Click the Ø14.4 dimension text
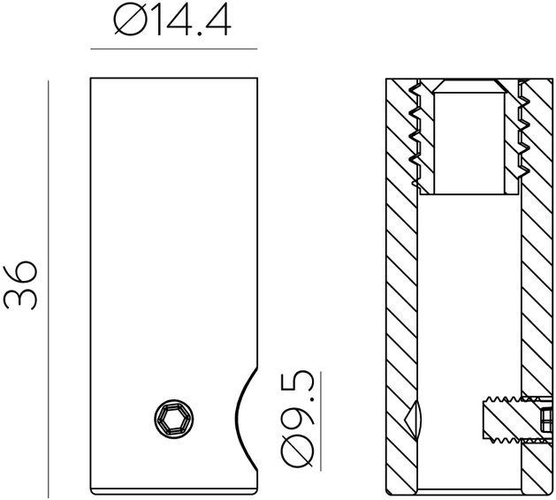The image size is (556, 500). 172,21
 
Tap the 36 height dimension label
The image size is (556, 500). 19,285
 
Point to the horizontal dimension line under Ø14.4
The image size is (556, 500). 174,49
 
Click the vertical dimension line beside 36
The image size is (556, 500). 49,290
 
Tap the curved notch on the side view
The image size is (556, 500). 246,419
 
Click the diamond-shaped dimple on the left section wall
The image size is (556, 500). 414,420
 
